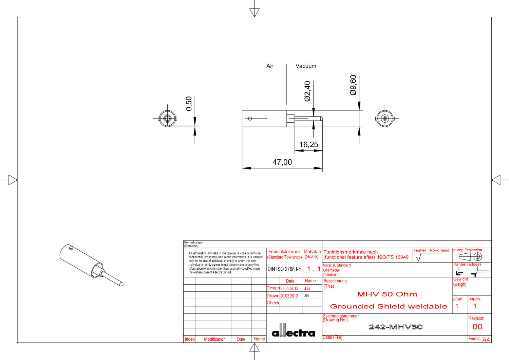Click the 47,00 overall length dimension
pos(282,162)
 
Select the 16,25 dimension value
pos(308,144)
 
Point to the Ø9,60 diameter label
pos(353,85)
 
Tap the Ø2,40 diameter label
pos(307,91)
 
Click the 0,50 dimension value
pos(189,104)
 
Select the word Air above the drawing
pos(270,66)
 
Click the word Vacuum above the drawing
pos(306,66)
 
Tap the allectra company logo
pos(294,330)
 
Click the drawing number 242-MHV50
pos(396,327)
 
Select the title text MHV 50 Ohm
pos(387,294)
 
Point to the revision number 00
pos(477,327)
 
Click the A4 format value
pos(486,340)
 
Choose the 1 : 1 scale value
pos(314,269)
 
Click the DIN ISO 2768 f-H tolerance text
pos(284,269)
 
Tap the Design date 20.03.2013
pos(289,289)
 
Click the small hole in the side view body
pos(250,119)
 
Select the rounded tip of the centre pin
pos(321,119)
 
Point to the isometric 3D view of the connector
pos(91,265)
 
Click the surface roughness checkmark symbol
pos(418,257)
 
